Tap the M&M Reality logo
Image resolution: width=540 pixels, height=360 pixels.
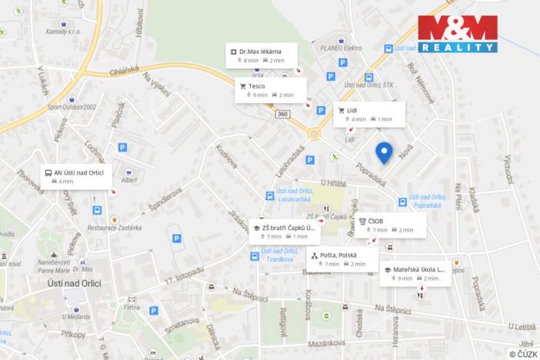pyautogui.click(x=457, y=33)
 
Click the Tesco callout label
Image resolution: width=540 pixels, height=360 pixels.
pyautogui.click(x=270, y=90)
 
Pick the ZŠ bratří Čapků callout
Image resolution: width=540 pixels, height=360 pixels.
pyautogui.click(x=284, y=232)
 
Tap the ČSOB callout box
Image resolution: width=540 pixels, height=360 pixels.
pyautogui.click(x=388, y=225)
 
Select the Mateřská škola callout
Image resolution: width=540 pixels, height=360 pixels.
pyautogui.click(x=415, y=273)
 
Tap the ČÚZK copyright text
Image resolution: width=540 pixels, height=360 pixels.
pyautogui.click(x=522, y=353)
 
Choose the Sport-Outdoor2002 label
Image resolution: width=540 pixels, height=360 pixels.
pyautogui.click(x=71, y=108)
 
